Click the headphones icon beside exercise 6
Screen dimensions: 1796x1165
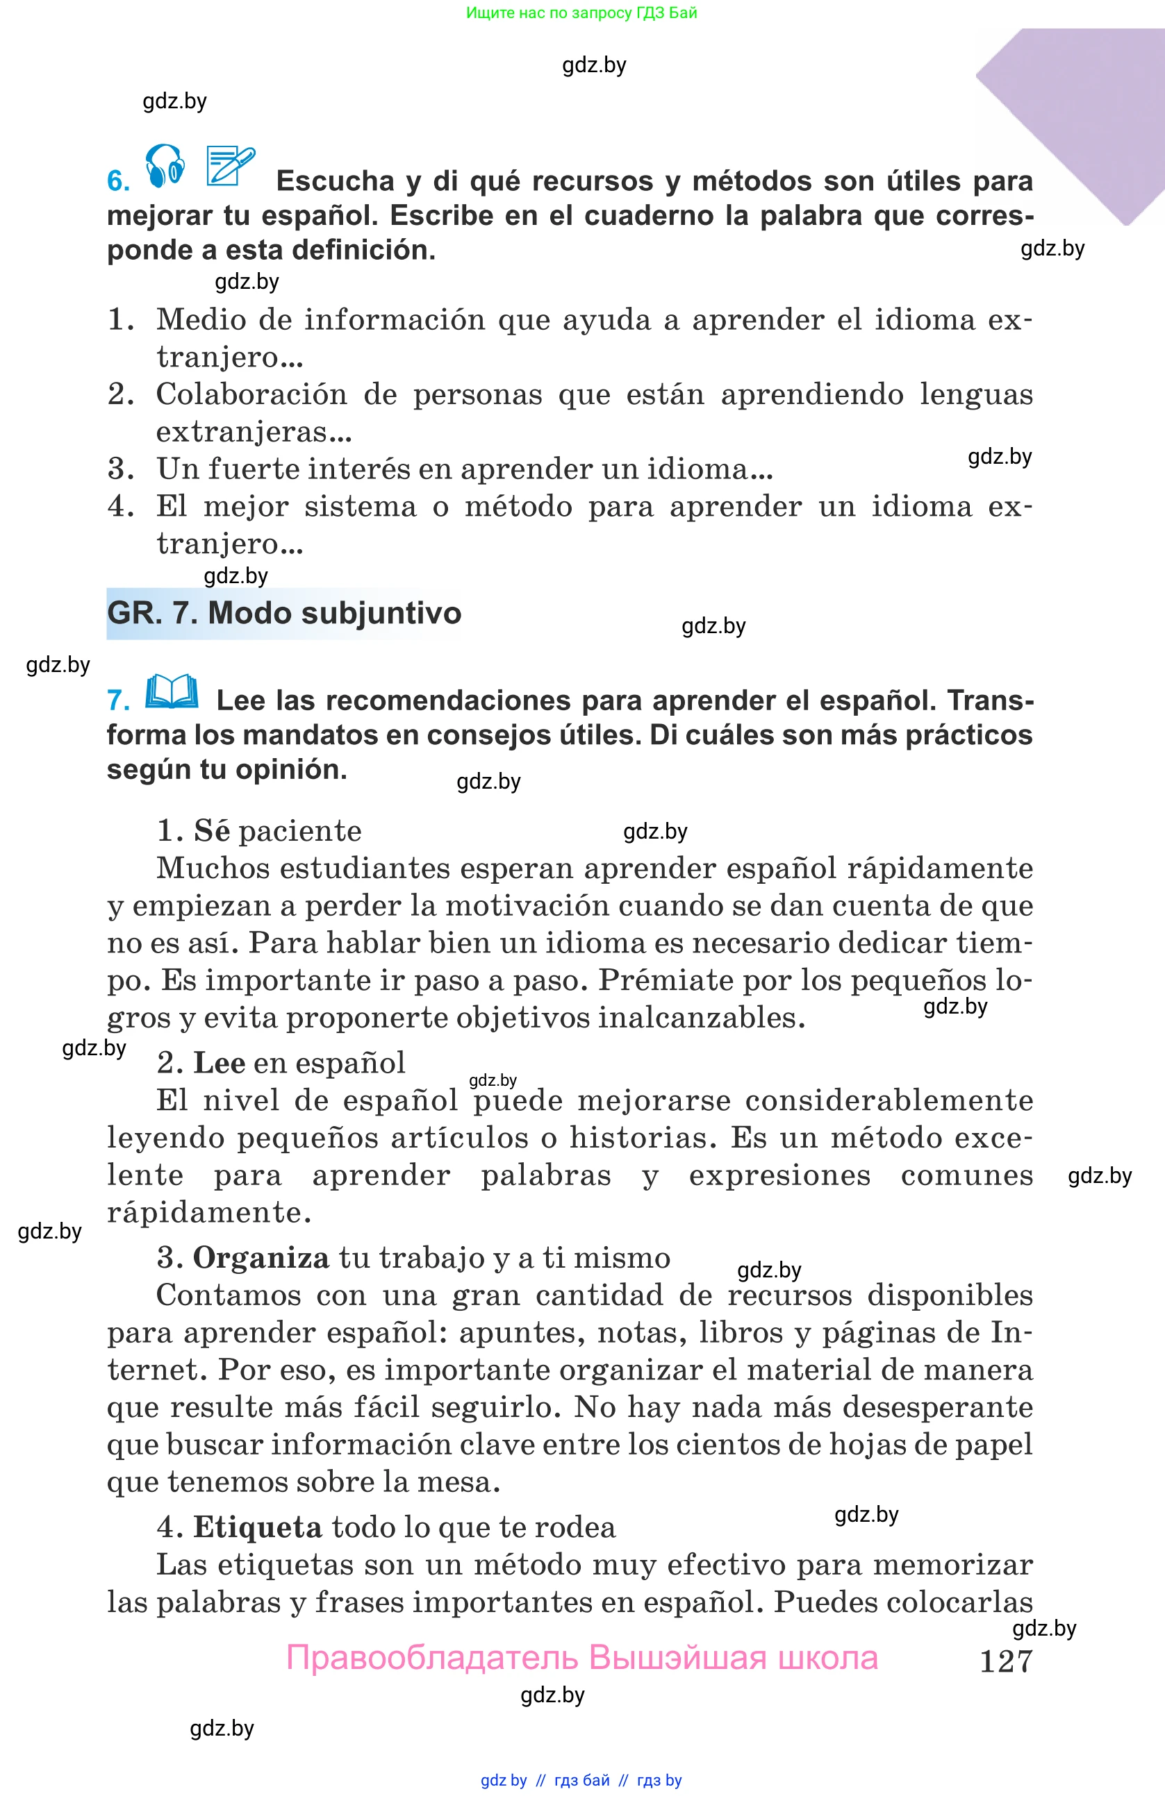165,165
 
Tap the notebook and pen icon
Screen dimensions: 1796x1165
230,165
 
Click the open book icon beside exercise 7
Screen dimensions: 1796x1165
172,691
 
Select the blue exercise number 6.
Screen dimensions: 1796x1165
118,181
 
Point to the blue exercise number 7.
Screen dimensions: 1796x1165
118,700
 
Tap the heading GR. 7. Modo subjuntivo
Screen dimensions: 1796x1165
284,613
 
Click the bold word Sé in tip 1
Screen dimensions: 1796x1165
211,831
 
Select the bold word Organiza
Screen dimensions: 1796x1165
261,1258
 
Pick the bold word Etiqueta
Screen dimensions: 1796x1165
258,1527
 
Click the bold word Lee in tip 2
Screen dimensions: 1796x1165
219,1064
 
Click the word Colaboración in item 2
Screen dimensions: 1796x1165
251,394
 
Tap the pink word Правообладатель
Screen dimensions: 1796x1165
432,1658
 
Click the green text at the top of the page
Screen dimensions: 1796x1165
581,12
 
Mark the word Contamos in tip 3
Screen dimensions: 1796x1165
229,1295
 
